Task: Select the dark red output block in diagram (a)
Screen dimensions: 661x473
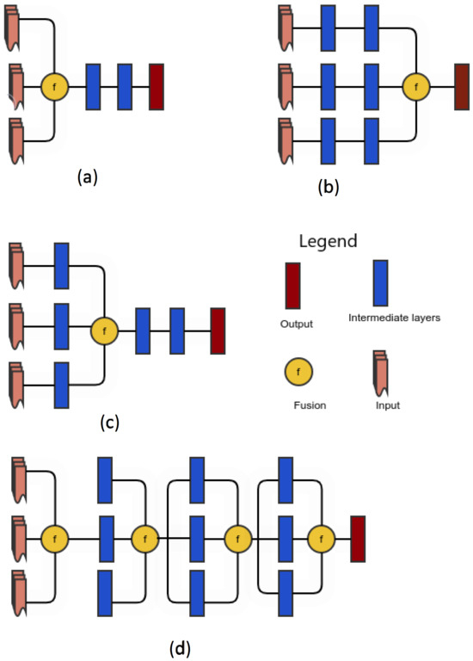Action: click(157, 86)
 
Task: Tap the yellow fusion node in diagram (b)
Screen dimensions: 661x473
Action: click(417, 86)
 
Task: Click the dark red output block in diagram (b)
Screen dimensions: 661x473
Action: click(462, 86)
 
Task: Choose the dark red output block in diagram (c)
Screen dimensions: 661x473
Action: click(218, 330)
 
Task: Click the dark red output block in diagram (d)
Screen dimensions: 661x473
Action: click(358, 540)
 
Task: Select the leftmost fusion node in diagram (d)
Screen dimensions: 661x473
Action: click(55, 540)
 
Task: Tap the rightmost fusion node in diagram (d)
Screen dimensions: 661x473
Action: click(322, 540)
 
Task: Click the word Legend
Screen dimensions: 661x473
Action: click(328, 240)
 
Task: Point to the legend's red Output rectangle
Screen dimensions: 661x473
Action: click(292, 285)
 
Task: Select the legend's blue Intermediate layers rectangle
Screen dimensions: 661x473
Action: click(379, 282)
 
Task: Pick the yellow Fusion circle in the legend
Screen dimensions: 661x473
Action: click(298, 373)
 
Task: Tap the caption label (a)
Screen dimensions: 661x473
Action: click(88, 176)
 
